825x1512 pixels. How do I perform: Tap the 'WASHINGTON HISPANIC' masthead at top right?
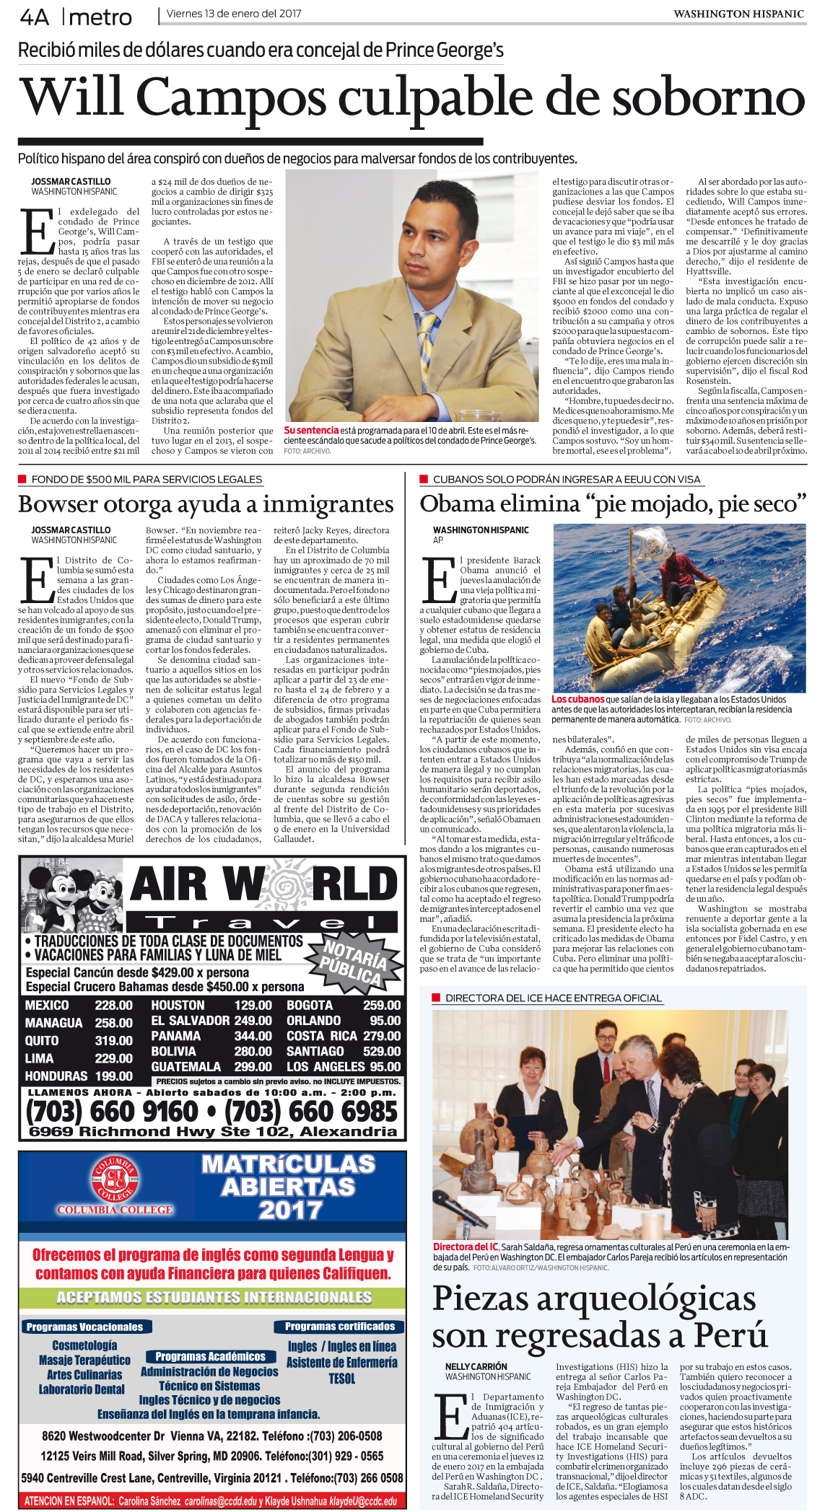click(738, 14)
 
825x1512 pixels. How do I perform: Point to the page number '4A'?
click(34, 17)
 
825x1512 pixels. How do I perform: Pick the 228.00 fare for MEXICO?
click(113, 1006)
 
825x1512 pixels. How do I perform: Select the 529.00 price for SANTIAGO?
click(382, 1051)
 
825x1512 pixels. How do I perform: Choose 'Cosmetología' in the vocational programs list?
click(84, 1345)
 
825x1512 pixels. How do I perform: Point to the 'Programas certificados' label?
click(339, 1327)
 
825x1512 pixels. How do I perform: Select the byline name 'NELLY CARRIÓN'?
click(476, 1366)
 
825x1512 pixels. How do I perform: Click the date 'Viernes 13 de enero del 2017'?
click(233, 14)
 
